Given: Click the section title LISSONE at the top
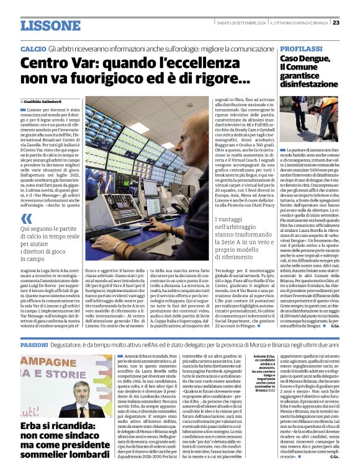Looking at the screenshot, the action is (50, 25).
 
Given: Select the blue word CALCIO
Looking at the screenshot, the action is (33, 48).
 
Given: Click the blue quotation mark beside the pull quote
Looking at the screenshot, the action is (26, 218).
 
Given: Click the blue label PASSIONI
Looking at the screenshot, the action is (38, 344).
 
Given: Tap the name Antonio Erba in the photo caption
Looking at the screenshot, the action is (265, 356).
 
